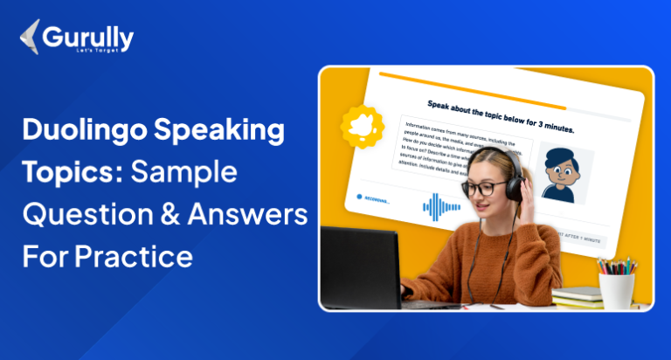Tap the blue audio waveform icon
tap(441, 206)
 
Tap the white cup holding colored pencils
tap(617, 288)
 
